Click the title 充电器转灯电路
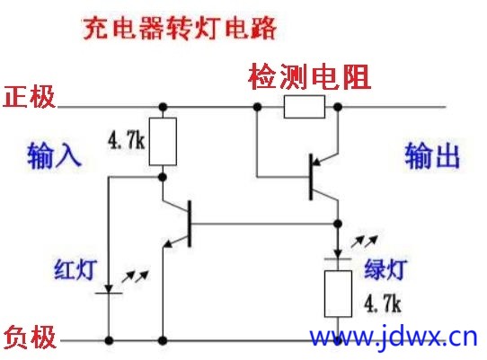(x=180, y=28)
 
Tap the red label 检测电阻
(x=310, y=76)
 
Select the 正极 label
(x=29, y=97)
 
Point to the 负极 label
(x=30, y=337)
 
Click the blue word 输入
(x=54, y=155)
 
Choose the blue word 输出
(x=432, y=155)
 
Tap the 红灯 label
(x=75, y=269)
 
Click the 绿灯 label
(x=385, y=268)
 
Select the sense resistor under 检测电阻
(x=305, y=107)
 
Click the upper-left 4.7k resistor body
(x=163, y=142)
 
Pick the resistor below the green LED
(x=338, y=294)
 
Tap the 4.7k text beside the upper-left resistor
(x=127, y=141)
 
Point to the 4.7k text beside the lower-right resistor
(x=383, y=303)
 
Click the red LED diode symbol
(x=109, y=289)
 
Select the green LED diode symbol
(x=338, y=254)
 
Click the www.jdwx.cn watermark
(x=394, y=337)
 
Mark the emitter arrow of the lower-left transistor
(x=169, y=243)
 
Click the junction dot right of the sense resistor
(x=338, y=107)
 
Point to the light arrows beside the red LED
(x=135, y=277)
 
